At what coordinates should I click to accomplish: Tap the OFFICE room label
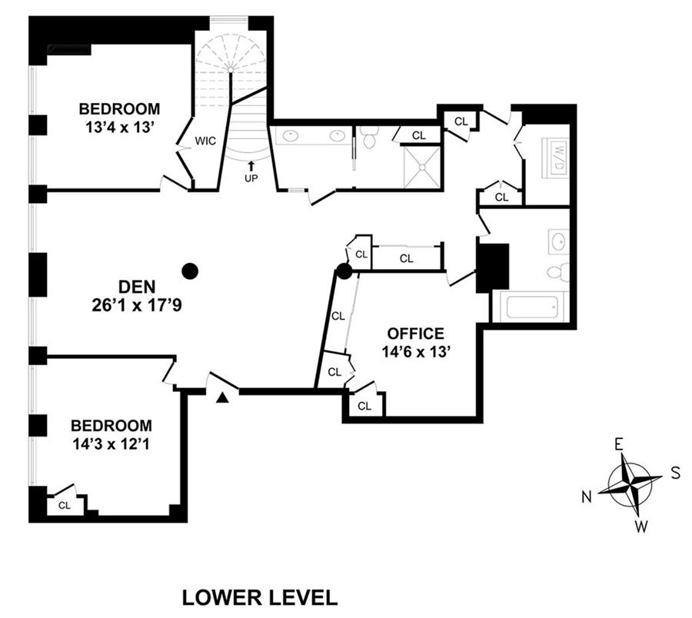(x=415, y=334)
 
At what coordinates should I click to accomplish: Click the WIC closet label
(x=204, y=141)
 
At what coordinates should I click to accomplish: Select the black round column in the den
(x=190, y=271)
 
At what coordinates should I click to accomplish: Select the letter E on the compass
(x=617, y=444)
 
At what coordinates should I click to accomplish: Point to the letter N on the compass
(x=586, y=497)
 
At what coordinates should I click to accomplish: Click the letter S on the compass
(x=675, y=473)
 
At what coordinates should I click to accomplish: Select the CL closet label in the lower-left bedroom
(x=64, y=505)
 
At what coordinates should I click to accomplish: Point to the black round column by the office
(x=344, y=271)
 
